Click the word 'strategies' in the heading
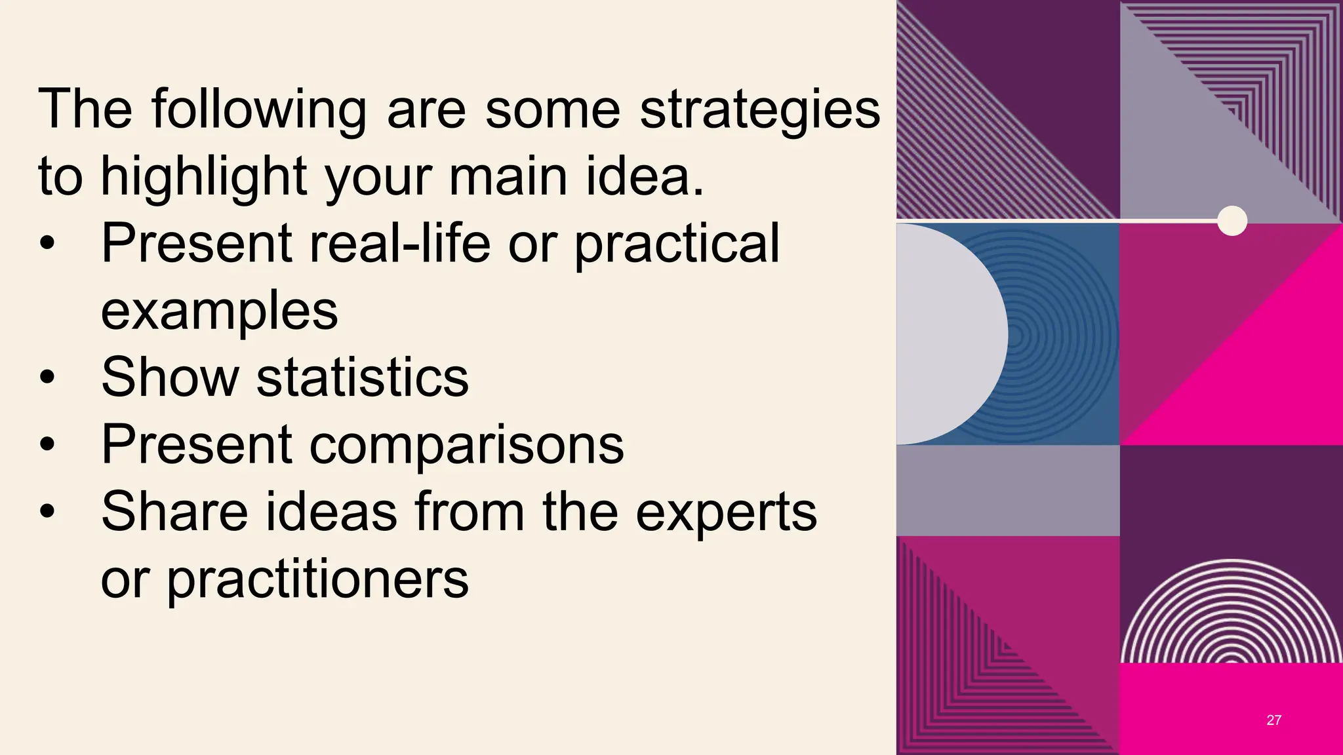[759, 110]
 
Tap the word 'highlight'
[203, 177]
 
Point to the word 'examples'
[219, 312]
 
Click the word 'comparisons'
[466, 446]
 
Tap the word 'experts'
[726, 512]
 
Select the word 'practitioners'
[317, 579]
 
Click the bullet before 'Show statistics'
[47, 378]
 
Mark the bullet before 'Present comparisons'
[47, 445]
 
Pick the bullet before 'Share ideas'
[47, 512]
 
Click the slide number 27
[1273, 720]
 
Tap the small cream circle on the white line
[1232, 220]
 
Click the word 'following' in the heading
[259, 110]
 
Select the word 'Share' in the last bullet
[174, 512]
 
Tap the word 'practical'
[677, 244]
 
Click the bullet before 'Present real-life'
[47, 244]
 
